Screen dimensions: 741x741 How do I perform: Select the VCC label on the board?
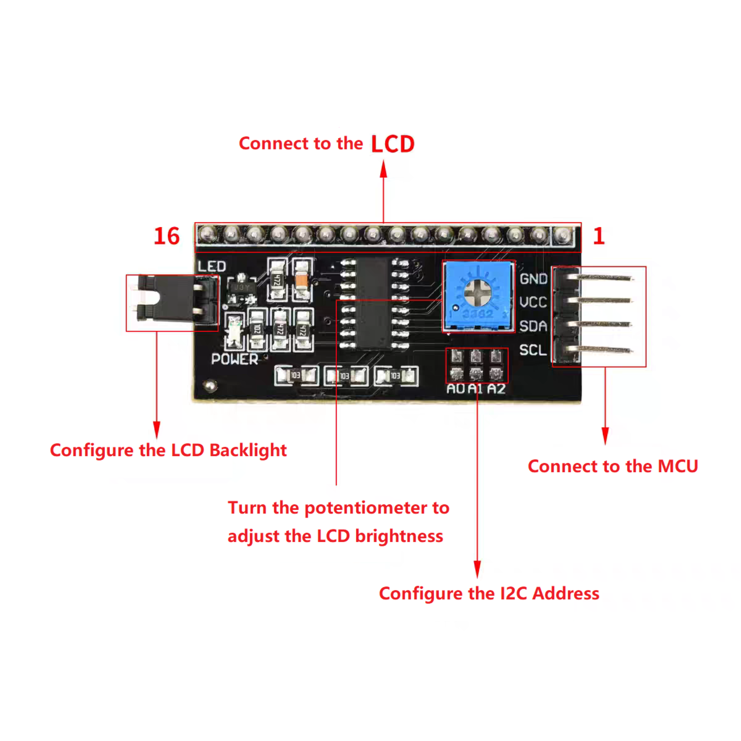click(x=533, y=302)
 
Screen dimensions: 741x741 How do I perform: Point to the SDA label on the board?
click(x=533, y=326)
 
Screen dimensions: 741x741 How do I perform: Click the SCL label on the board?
click(x=533, y=350)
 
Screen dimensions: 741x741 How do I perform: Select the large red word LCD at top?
click(x=393, y=144)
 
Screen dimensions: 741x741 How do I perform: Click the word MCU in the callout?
click(x=678, y=466)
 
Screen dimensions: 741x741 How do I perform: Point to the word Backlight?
click(x=248, y=450)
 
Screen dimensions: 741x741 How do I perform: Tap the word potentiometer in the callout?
click(x=366, y=508)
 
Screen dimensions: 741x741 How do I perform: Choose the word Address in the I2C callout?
click(x=566, y=593)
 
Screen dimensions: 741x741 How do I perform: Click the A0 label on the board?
click(x=456, y=389)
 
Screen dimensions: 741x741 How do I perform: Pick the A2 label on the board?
click(x=496, y=389)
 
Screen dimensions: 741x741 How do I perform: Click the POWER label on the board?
click(x=235, y=359)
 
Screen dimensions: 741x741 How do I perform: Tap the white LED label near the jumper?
click(x=212, y=266)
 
